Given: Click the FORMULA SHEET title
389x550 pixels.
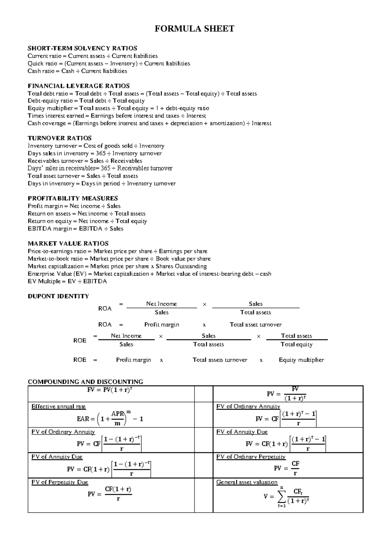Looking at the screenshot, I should coord(194,29).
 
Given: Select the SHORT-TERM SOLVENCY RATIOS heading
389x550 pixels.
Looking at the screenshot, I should coord(82,48).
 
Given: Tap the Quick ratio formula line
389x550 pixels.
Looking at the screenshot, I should coord(109,64).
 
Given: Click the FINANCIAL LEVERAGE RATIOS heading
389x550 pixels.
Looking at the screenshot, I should coord(79,86).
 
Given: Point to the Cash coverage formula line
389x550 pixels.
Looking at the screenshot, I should coord(149,123).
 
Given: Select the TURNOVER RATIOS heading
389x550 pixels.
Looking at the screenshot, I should coord(60,138).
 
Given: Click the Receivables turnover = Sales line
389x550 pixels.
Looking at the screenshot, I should coord(85,161).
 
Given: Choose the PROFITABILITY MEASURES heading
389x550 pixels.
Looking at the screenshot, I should coord(73,198).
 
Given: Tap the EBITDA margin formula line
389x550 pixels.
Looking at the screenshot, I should coord(76,229).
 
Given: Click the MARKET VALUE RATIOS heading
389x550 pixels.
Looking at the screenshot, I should coord(68,244).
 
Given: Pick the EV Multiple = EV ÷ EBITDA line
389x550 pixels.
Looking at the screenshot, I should coord(67,281).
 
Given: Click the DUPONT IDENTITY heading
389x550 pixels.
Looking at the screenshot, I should coord(58,296).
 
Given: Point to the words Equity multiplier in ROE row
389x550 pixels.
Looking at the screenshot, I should coord(301,360).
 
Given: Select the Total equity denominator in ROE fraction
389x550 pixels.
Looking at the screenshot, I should coord(296,344).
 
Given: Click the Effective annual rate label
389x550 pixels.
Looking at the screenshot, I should coord(59,407).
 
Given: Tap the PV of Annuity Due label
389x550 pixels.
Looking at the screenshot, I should coord(57,457).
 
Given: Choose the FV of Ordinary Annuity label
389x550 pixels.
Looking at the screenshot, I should coord(248,407).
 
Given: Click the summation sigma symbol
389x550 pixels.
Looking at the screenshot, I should coord(281,496).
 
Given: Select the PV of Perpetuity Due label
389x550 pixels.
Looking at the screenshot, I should coord(60,482).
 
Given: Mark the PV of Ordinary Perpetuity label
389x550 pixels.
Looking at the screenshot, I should coord(251,457).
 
